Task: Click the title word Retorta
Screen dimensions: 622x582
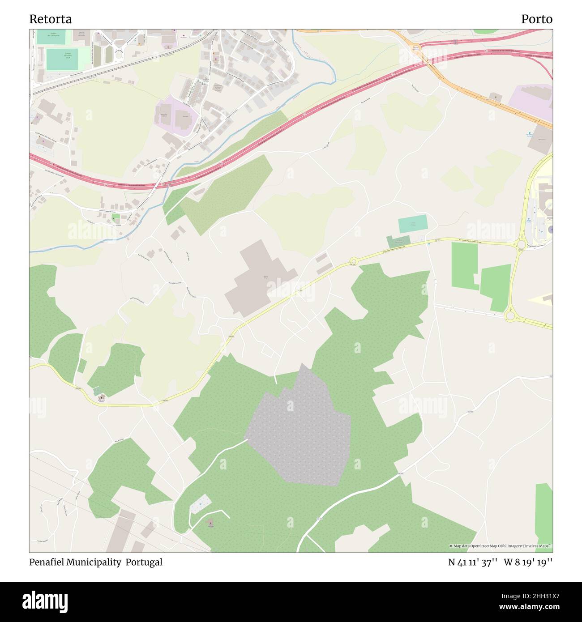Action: pos(50,19)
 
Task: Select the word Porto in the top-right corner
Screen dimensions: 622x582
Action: pos(536,19)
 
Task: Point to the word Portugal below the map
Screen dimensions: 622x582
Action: pos(144,562)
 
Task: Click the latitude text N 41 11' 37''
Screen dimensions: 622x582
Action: pos(473,562)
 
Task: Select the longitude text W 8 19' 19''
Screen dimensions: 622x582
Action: pos(528,562)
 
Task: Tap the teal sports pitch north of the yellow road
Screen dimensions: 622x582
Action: pos(412,224)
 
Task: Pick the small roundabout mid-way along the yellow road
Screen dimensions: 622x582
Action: pos(353,261)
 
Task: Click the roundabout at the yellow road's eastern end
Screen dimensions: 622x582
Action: pos(521,244)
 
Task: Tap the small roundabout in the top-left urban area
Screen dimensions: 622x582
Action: pos(119,55)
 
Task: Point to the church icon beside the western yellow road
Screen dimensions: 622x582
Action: pos(102,396)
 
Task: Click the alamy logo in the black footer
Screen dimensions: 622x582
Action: pos(45,601)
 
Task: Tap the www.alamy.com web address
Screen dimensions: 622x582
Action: pos(521,607)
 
